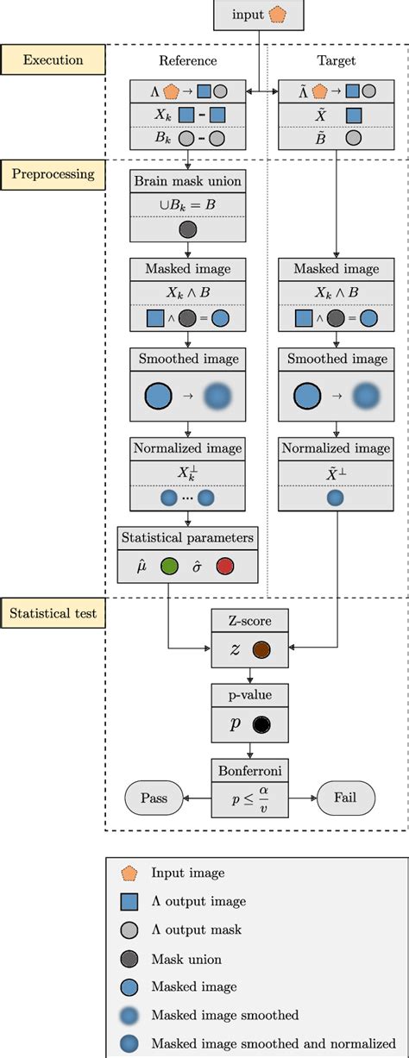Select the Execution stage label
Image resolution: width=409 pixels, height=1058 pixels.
click(x=53, y=60)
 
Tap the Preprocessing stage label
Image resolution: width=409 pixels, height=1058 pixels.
click(x=53, y=173)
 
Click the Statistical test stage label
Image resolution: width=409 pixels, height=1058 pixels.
click(x=53, y=614)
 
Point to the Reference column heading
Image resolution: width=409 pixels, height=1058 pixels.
click(x=187, y=61)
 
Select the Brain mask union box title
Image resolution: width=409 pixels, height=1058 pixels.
click(x=187, y=182)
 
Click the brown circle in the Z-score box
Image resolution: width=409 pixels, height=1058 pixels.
click(x=262, y=651)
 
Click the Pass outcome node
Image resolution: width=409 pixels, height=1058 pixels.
click(x=156, y=798)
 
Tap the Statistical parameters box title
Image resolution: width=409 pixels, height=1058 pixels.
click(x=187, y=539)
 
